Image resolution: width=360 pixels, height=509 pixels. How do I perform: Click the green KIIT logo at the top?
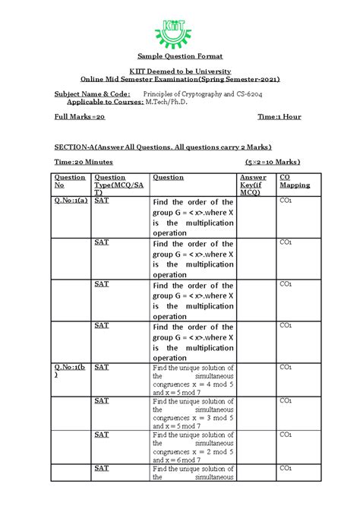[180, 31]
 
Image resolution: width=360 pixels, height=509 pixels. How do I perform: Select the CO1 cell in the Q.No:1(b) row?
[286, 367]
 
